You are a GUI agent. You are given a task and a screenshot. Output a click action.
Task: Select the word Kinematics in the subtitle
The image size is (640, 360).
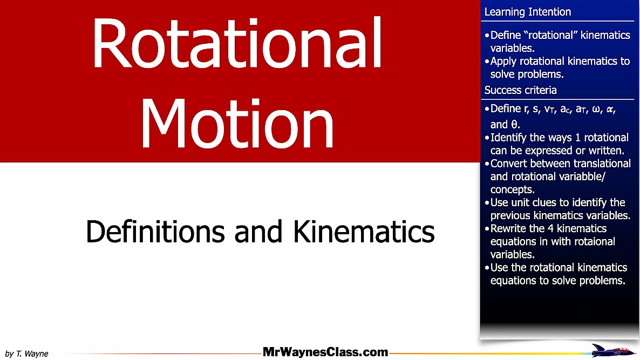(363, 232)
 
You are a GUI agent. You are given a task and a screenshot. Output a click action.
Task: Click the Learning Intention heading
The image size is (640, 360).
(527, 12)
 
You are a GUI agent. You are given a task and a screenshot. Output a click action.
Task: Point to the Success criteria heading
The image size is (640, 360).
(520, 90)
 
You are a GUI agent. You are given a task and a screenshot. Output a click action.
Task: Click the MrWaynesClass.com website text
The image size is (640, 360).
(325, 352)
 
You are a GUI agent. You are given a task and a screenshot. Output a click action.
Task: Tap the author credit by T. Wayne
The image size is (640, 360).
(26, 354)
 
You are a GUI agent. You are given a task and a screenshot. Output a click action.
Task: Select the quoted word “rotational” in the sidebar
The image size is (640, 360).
(550, 35)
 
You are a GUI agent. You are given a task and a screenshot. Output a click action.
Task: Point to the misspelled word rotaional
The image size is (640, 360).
(593, 241)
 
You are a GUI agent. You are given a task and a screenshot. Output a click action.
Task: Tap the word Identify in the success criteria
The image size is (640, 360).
(509, 138)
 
